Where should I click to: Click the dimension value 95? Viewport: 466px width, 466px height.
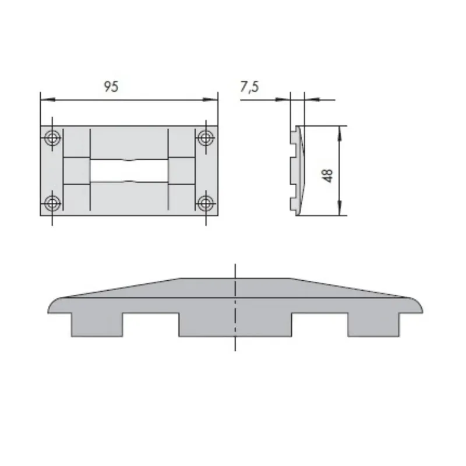click(111, 86)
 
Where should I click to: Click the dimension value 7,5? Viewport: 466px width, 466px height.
click(249, 86)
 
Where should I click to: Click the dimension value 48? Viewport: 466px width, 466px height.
click(327, 176)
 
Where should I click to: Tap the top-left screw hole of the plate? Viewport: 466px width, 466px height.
click(52, 138)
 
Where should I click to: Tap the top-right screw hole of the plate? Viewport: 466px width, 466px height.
click(206, 138)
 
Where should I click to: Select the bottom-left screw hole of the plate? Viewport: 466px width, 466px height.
click(52, 203)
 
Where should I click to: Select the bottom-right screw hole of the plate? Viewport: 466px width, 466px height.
click(206, 203)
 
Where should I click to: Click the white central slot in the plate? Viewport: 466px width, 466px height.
click(129, 171)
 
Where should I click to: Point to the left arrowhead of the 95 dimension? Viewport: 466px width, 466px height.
click(48, 100)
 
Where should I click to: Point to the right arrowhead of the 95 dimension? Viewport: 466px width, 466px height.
click(211, 100)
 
